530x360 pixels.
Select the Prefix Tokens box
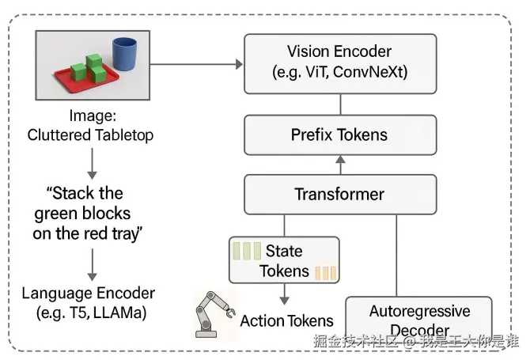340,134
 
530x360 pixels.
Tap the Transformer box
340,194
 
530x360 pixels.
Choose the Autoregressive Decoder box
418,319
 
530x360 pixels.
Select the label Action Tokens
286,320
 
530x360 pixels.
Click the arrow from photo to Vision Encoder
194,64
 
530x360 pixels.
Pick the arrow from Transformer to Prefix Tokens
340,165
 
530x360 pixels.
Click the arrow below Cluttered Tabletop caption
92,164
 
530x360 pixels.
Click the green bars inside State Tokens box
247,252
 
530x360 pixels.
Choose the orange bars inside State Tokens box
326,273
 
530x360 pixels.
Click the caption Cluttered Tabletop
90,135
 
